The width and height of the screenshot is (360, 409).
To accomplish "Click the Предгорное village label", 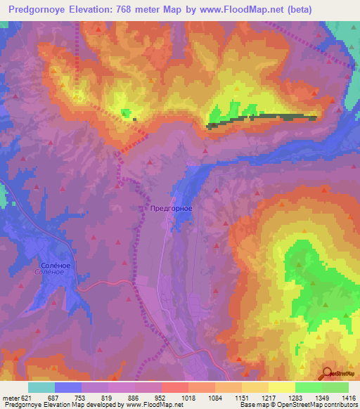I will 172,209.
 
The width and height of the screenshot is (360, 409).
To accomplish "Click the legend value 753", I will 67,397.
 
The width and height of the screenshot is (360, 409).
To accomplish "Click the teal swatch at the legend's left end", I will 41,387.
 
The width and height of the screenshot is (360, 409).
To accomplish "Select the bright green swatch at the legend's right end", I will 335,387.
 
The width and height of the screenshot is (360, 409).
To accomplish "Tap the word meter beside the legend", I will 11,397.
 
